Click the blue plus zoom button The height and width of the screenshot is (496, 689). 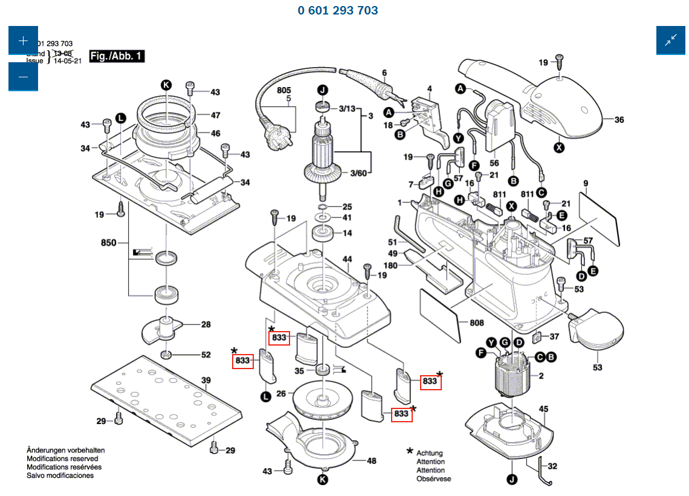coord(23,41)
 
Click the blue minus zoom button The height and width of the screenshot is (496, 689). coord(23,77)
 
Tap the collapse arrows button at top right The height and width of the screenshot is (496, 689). coord(671,41)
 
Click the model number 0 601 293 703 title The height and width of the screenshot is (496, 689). coord(338,10)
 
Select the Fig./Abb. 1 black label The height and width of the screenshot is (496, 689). coord(117,56)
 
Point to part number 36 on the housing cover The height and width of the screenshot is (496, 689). coord(619,120)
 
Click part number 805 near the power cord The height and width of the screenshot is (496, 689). coord(284,90)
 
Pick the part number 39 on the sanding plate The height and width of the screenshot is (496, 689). coord(205,380)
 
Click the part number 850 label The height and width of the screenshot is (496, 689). coord(108,243)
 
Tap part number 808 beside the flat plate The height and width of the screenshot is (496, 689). coord(477,323)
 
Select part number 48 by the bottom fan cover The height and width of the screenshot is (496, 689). coord(371,461)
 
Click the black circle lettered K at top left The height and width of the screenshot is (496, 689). coord(166,85)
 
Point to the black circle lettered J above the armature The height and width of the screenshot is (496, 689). coord(323,90)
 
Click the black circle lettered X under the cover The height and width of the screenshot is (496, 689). coord(559,146)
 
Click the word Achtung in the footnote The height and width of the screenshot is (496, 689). coord(429,453)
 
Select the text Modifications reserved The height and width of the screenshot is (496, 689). coord(63,459)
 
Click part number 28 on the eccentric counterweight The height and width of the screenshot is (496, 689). coord(205,324)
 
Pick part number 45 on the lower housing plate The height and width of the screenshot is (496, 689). coord(543,409)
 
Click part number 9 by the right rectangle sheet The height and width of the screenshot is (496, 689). coord(586,183)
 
